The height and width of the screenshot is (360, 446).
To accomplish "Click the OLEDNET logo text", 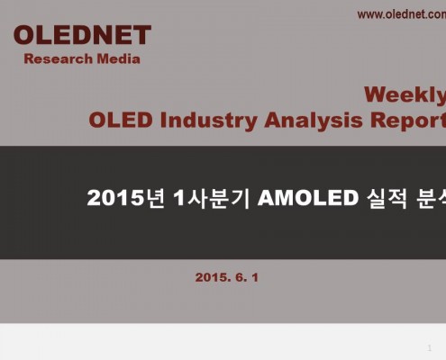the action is (x=82, y=35).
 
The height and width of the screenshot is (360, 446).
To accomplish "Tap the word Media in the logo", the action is (x=119, y=58).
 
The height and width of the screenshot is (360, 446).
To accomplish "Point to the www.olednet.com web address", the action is (x=402, y=14).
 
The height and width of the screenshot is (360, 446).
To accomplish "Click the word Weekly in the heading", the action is (x=405, y=95).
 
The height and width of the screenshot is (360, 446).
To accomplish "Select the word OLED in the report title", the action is (x=121, y=120).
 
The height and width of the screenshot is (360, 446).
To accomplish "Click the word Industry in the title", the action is (x=208, y=121).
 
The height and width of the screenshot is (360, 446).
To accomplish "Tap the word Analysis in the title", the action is (x=314, y=121).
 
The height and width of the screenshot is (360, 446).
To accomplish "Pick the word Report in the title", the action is (x=408, y=121).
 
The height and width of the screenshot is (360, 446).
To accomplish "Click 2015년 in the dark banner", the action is (x=126, y=198).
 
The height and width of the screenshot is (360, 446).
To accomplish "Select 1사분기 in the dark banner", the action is (x=212, y=198).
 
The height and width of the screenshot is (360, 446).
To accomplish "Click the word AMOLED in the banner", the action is (x=308, y=198).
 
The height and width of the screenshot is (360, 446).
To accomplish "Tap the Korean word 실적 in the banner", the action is (x=387, y=198).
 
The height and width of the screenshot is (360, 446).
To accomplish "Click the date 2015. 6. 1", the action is (x=227, y=277).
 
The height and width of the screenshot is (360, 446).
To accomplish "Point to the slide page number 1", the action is (x=430, y=348).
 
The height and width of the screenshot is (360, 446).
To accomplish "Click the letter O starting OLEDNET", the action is (x=24, y=35).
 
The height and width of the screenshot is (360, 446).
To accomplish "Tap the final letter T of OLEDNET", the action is (x=141, y=35).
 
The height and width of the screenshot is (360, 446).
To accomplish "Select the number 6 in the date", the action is (x=240, y=277).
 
